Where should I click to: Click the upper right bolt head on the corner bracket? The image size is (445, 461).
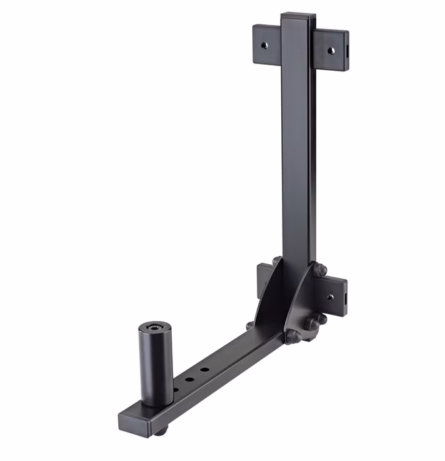[x=320, y=269]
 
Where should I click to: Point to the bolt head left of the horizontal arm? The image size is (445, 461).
[x=250, y=326]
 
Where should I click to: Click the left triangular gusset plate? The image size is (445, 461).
[x=272, y=297]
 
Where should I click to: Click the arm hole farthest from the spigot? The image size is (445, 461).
[x=206, y=370]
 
